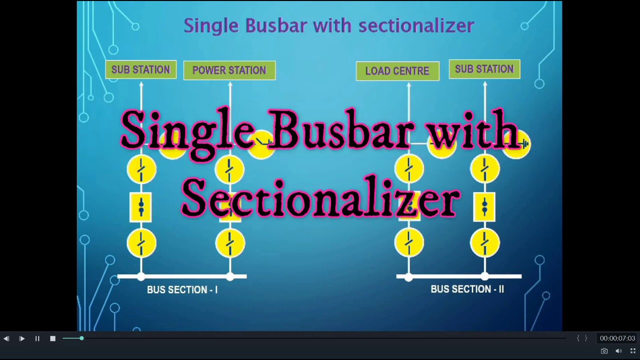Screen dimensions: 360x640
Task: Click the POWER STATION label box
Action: tap(229, 70)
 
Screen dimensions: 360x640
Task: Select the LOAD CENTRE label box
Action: tap(397, 71)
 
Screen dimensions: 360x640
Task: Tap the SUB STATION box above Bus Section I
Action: tap(140, 69)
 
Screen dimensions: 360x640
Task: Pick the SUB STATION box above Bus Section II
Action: tap(484, 69)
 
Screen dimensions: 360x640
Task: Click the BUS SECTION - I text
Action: tap(182, 290)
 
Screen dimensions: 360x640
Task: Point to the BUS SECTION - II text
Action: tap(467, 289)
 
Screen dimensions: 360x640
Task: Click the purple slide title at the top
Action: tap(328, 25)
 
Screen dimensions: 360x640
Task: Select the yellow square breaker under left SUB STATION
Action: tap(141, 206)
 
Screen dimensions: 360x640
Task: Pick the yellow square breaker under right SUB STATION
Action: tap(484, 206)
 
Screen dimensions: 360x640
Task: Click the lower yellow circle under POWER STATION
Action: tap(230, 243)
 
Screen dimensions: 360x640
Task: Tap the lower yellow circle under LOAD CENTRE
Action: tap(409, 243)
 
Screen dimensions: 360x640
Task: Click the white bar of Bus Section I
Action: tap(182, 276)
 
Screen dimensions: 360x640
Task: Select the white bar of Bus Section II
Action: tap(459, 276)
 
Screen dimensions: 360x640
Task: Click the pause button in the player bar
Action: tap(37, 338)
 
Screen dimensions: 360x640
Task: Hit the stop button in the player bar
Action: tap(52, 338)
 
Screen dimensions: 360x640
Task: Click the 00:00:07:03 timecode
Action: tap(617, 338)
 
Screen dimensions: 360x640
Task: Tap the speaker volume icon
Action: tap(618, 351)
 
